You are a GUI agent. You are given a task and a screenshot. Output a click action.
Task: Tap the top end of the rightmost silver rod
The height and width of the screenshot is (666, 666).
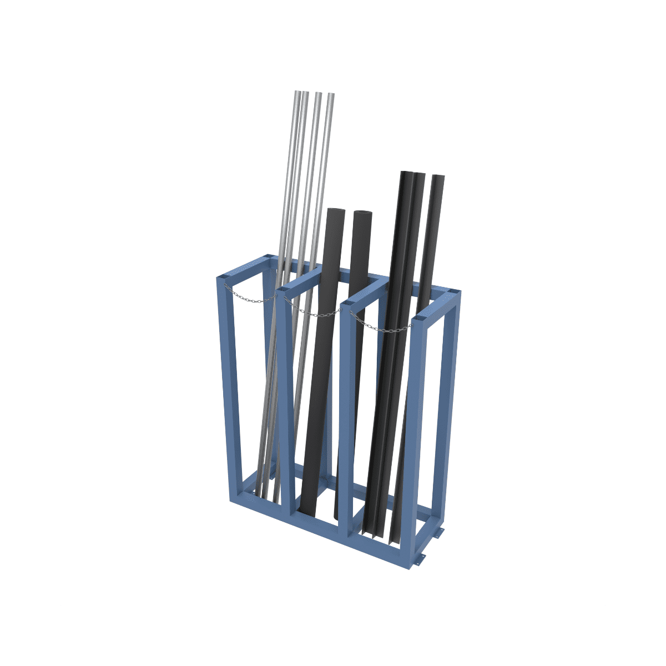coord(331,95)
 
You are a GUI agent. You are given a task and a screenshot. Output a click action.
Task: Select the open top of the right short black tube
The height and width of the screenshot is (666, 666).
coord(362,213)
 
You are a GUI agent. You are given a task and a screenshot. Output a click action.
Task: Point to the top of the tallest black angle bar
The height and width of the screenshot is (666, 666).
coord(407,174)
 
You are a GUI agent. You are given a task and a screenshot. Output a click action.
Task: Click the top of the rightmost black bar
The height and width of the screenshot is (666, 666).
coord(438,178)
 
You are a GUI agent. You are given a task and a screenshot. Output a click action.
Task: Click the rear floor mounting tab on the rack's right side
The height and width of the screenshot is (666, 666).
coord(440,533)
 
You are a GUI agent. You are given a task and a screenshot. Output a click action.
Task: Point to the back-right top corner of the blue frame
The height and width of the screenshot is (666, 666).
coord(454,292)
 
